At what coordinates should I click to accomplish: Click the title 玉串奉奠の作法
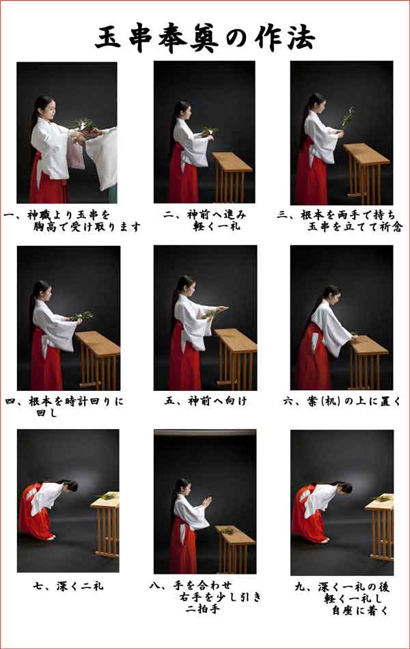point(204,38)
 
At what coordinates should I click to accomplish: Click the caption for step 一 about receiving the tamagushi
point(72,221)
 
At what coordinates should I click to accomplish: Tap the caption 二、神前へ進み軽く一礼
point(205,221)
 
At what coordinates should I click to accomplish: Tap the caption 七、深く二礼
point(68,585)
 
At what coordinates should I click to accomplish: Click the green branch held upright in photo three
point(348,116)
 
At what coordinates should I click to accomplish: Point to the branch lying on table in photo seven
point(107,495)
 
